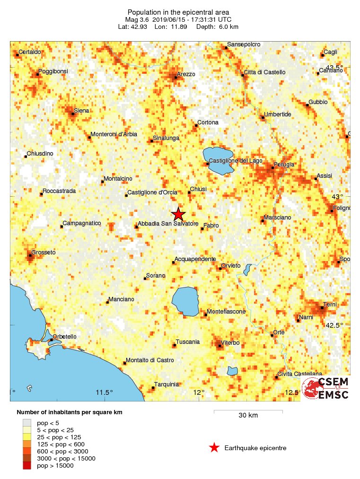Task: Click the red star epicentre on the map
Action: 178,214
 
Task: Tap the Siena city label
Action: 81,111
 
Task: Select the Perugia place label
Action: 285,164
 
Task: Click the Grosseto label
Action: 44,253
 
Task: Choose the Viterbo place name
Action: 230,342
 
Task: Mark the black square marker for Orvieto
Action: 221,269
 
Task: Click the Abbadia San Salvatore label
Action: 167,224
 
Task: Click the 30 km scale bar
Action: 248,411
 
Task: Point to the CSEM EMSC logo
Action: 326,388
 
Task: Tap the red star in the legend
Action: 214,448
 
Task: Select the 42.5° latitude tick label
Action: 334,325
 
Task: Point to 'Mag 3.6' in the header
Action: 137,19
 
